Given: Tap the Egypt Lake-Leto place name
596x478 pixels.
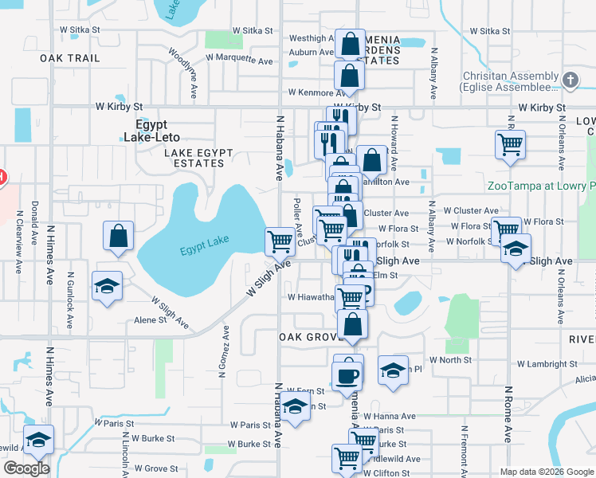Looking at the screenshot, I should click(156, 131).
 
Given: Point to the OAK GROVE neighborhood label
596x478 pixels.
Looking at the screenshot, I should click(310, 337).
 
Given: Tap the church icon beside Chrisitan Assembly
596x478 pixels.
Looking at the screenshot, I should click(569, 80).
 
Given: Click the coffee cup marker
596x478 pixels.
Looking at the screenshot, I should click(347, 374).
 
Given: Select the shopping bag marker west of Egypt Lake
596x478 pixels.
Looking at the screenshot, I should click(118, 237).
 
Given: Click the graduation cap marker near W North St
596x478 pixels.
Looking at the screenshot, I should click(392, 370).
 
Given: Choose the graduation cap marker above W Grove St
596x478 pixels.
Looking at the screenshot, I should click(38, 439).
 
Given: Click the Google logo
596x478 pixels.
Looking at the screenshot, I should click(26, 468).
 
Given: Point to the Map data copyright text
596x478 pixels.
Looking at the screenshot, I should click(547, 472).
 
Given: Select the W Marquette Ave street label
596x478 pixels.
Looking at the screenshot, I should click(239, 59).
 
